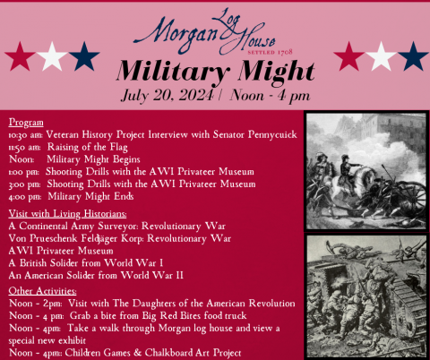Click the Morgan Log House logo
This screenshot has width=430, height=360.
215,26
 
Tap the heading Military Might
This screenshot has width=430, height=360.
215,69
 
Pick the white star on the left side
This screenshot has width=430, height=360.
53,56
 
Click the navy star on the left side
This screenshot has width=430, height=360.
83,56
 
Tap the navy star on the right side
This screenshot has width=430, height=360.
413,56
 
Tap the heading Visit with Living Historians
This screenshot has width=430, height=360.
67,214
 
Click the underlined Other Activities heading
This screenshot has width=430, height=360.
42,292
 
